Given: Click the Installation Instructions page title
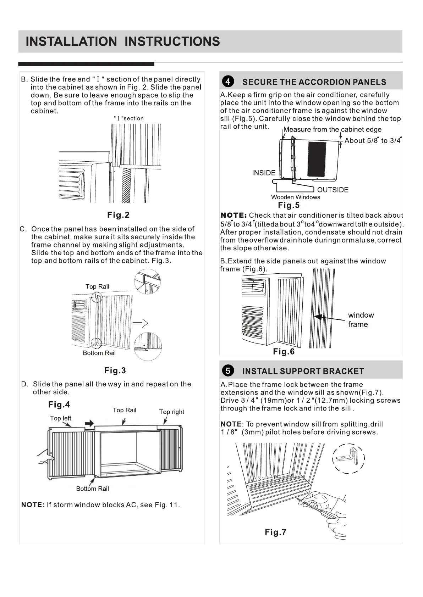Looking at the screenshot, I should click(123, 41).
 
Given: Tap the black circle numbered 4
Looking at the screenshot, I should click(228, 82).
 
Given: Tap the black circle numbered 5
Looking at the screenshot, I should click(228, 371).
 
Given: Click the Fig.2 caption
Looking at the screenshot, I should click(118, 215).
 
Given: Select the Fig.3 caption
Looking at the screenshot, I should click(115, 370).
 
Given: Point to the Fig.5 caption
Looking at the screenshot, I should click(289, 205).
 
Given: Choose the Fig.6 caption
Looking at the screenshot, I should click(284, 351).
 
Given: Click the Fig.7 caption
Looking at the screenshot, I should click(275, 532).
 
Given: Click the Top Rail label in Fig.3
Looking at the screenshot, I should click(97, 286).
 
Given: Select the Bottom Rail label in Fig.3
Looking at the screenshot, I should click(99, 353).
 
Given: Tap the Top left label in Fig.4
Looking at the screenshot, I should click(60, 418).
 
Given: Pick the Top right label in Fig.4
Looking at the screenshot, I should click(172, 412).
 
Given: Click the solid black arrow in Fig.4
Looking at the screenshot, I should click(89, 423).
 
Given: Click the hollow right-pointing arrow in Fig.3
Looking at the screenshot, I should click(140, 323).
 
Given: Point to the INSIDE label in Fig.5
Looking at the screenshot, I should click(264, 173).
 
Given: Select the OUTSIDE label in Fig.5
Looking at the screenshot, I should click(333, 190).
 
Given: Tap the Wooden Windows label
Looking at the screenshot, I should click(296, 197).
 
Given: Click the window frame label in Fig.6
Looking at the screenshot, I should click(361, 319).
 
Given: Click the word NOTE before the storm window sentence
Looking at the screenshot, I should click(33, 504).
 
